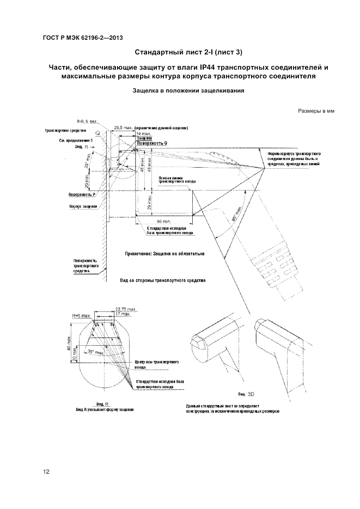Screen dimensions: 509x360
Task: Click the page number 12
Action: tap(46, 471)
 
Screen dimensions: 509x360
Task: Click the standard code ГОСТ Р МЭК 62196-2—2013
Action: tap(82, 37)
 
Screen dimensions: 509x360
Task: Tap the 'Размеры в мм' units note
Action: tap(316, 112)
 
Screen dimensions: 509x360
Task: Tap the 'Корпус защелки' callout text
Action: tap(83, 207)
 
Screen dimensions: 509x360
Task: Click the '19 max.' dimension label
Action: tap(144, 133)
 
